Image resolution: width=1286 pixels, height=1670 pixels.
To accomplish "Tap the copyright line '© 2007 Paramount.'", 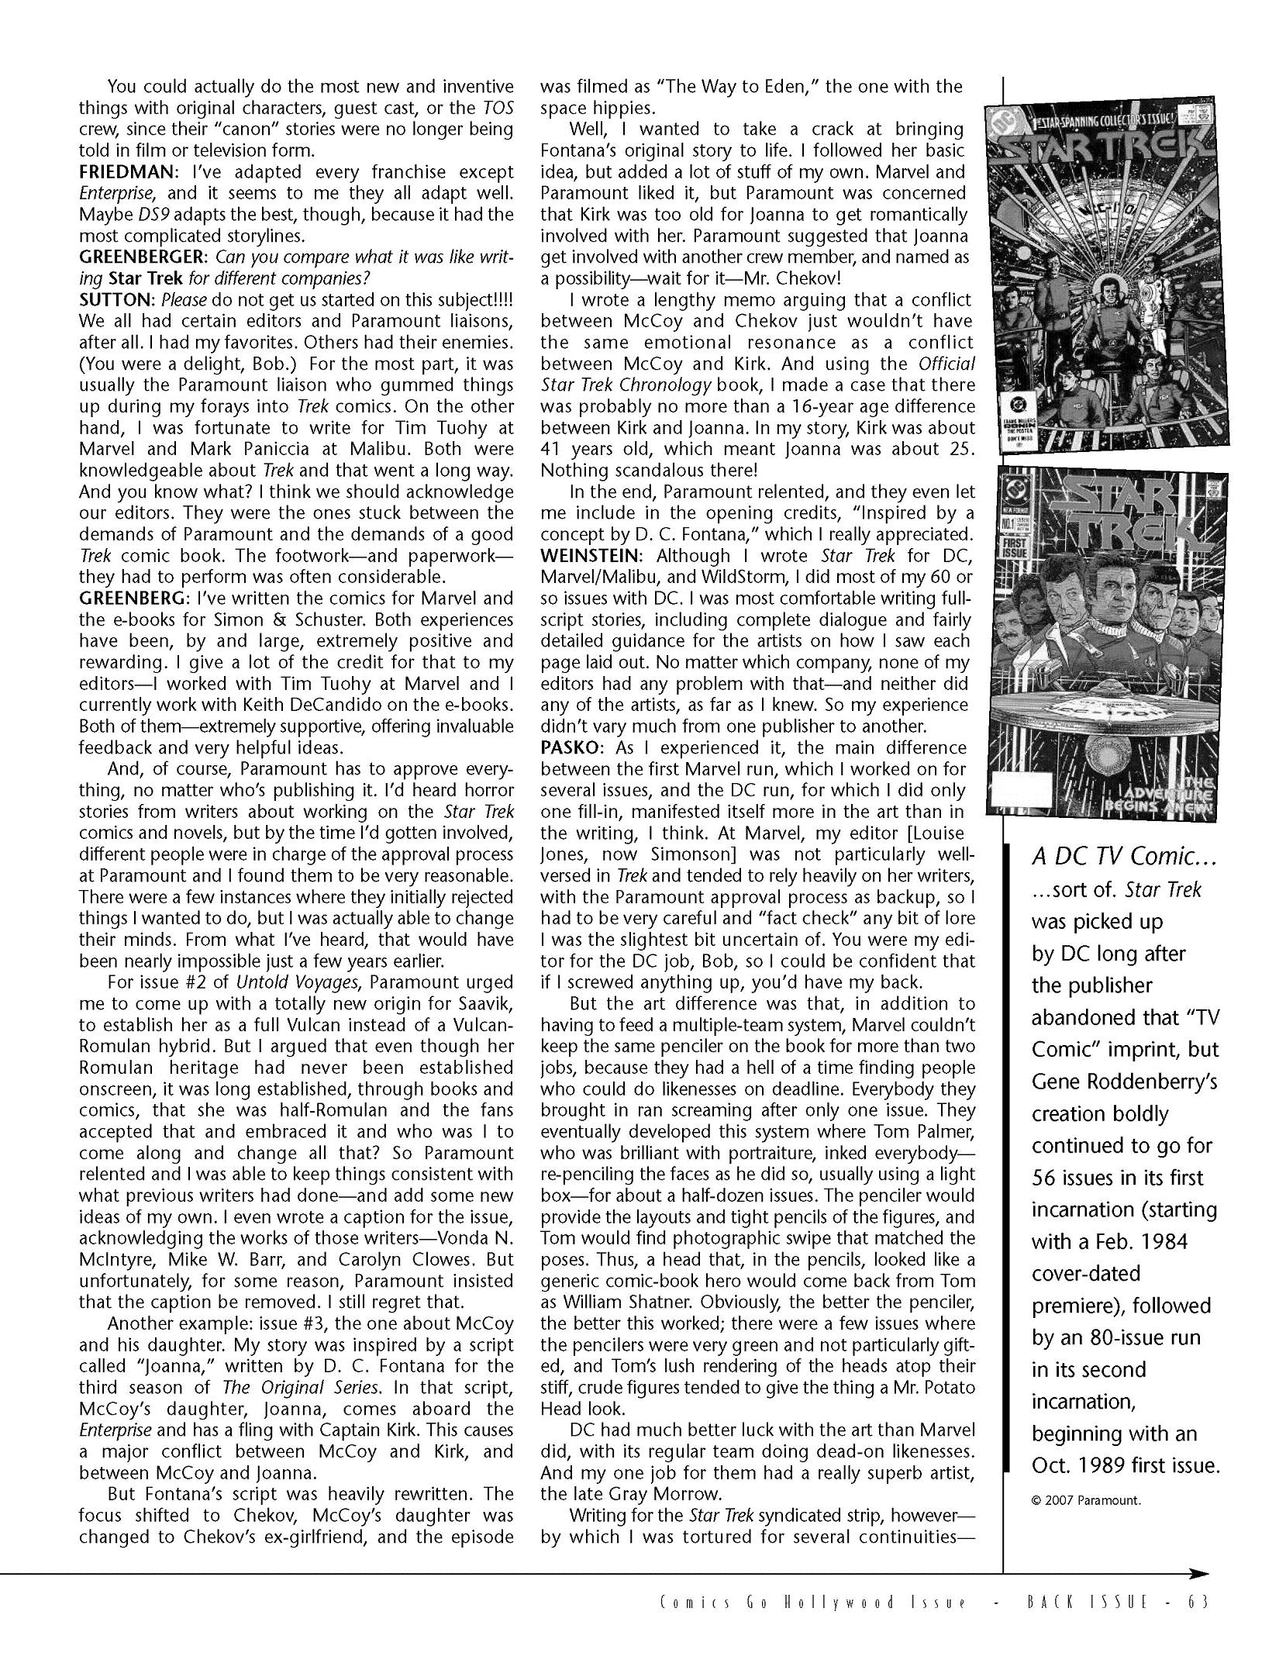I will coord(1087,1499).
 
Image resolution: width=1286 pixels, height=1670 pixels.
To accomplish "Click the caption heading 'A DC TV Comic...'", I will coord(1115,856).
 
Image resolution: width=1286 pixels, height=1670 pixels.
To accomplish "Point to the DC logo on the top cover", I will coord(997,119).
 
